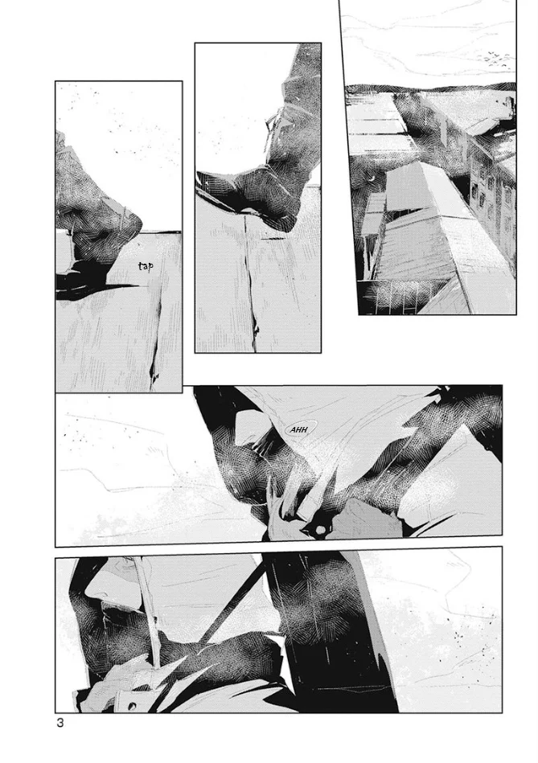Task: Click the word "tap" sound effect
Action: click(x=146, y=266)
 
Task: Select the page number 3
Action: click(x=60, y=723)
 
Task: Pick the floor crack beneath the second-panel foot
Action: click(x=251, y=287)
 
